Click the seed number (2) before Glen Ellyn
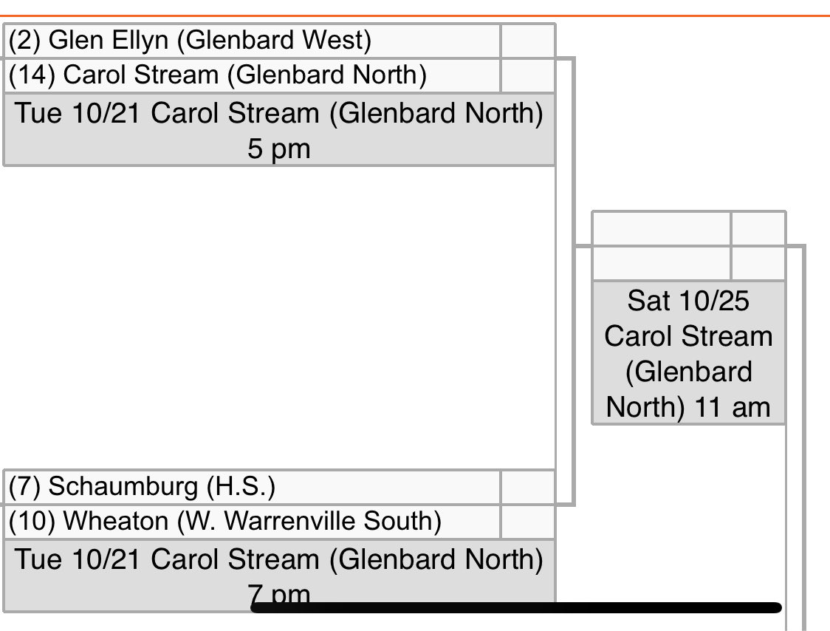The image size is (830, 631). coord(25,41)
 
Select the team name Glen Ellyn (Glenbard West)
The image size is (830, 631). coord(210,41)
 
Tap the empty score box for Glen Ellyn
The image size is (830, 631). coord(527,41)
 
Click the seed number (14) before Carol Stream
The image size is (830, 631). coord(32,75)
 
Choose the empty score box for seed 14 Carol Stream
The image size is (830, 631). coord(527,75)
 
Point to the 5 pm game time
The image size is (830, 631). coord(279,149)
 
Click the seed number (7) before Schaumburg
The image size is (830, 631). coord(25,487)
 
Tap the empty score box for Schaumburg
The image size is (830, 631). coord(527,487)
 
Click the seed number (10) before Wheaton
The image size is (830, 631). coord(32,522)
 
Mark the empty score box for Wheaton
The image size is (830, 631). coord(527,522)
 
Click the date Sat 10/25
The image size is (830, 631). coord(688,301)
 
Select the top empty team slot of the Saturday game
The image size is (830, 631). coord(662,229)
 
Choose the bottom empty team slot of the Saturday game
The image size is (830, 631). coord(662,263)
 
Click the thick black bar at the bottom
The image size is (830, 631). coord(517,608)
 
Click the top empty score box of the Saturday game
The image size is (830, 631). coord(758,229)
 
